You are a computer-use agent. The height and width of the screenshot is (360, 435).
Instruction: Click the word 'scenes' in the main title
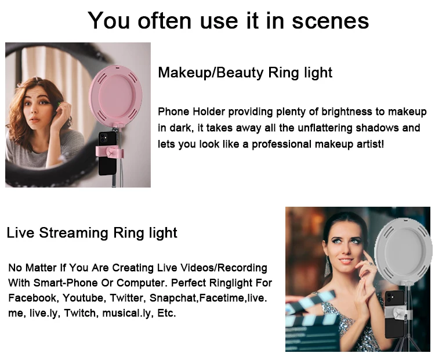[331, 21]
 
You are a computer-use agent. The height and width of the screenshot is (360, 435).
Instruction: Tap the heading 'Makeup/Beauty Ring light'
[245, 73]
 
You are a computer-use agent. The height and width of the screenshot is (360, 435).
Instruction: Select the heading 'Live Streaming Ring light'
[92, 233]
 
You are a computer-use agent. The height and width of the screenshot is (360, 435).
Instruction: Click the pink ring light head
[115, 96]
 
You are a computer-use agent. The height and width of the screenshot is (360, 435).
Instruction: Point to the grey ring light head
[404, 249]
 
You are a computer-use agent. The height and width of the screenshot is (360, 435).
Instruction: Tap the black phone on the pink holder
[107, 153]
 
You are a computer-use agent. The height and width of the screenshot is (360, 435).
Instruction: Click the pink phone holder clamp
[110, 152]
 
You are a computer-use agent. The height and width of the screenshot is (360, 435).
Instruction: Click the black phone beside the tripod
[394, 314]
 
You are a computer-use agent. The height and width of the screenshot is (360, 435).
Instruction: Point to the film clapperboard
[311, 322]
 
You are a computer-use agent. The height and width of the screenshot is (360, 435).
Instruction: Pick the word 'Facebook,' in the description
[34, 298]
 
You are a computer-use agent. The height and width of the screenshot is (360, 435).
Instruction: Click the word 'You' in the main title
[109, 21]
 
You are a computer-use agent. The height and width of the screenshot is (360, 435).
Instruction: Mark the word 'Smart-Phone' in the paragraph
[66, 283]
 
